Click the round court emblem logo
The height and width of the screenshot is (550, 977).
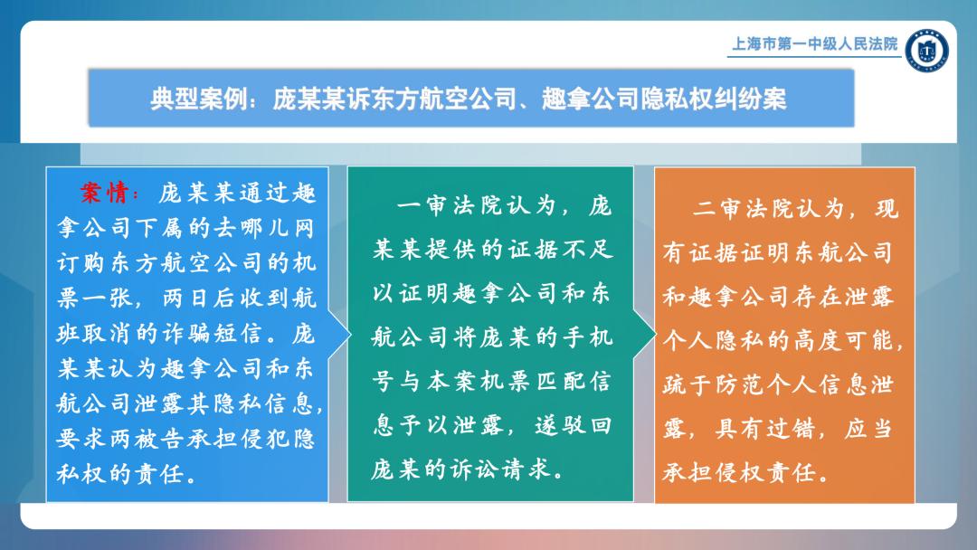tap(927, 50)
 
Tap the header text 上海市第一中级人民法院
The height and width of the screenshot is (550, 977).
tap(814, 43)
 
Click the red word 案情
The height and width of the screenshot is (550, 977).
tap(105, 193)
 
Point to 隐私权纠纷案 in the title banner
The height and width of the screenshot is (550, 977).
tap(714, 99)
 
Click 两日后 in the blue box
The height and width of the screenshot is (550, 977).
tap(199, 299)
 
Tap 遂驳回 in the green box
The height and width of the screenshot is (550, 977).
tap(573, 425)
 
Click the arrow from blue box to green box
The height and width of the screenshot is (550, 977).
tap(339, 335)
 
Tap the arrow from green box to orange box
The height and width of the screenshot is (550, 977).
tap(644, 335)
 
